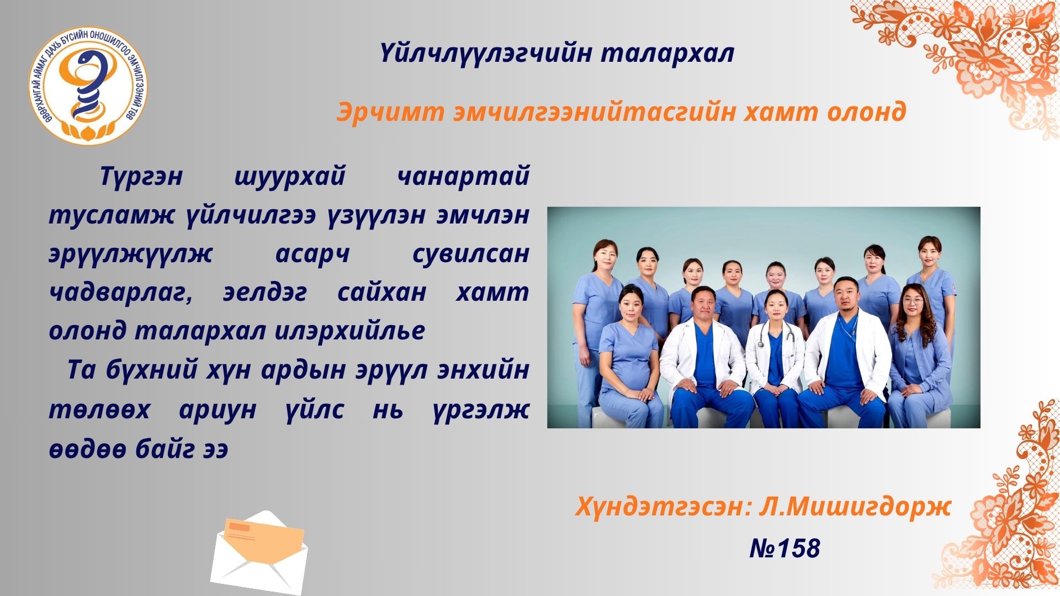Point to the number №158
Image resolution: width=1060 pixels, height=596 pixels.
tap(785, 548)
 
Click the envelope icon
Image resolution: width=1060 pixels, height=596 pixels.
tap(259, 552)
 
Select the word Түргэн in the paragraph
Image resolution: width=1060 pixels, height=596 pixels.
tap(141, 177)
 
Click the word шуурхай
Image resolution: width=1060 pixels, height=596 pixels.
tap(290, 177)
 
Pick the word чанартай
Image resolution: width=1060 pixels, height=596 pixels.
tap(463, 177)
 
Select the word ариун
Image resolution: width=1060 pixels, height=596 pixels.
tap(218, 410)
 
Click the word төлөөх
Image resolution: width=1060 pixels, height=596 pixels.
tap(99, 410)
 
